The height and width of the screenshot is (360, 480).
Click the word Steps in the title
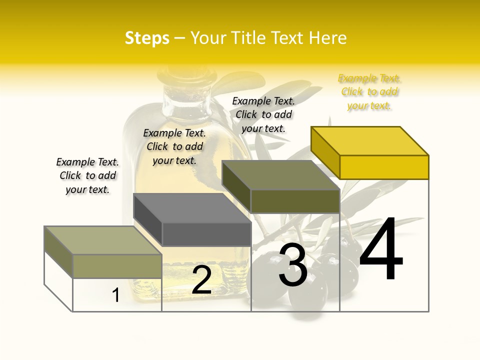[x=147, y=38]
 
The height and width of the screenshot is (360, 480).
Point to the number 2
[x=201, y=280]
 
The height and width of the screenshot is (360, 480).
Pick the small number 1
[x=116, y=295]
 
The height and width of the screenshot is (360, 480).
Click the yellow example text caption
[x=369, y=92]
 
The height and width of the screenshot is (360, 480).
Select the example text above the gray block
[x=174, y=146]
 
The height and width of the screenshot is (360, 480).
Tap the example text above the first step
[x=87, y=175]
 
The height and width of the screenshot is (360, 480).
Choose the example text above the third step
[x=263, y=114]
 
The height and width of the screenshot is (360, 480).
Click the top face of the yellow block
[x=370, y=140]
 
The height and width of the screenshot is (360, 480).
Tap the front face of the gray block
[x=206, y=234]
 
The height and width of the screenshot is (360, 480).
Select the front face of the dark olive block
[x=295, y=201]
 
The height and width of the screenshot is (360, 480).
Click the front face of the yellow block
[x=384, y=167]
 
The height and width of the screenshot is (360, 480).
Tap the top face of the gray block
[x=192, y=207]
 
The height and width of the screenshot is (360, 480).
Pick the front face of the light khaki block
[x=117, y=266]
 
